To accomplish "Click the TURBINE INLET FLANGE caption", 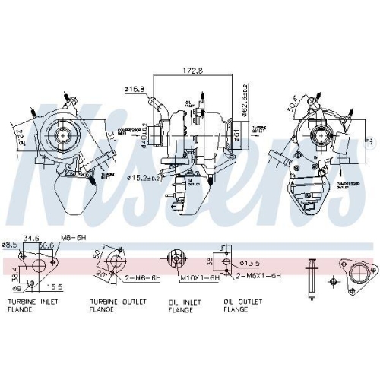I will point(33,306).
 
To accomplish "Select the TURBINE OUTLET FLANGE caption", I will point(112,306).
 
